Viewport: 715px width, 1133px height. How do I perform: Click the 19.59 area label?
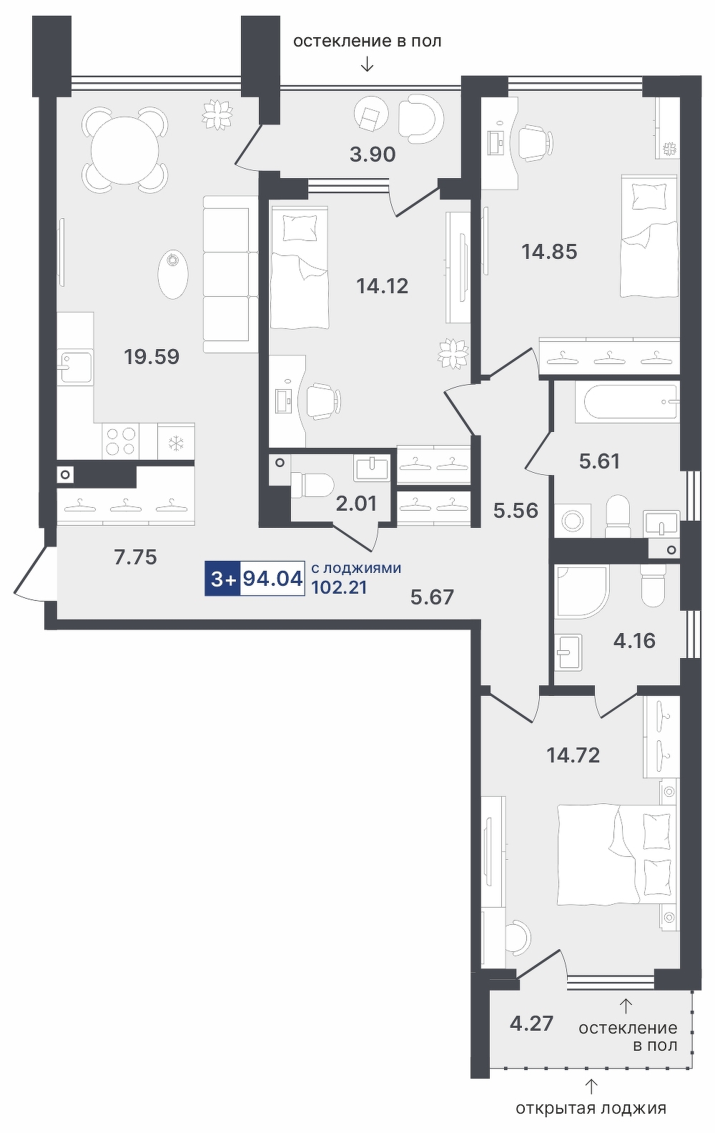pos(152,357)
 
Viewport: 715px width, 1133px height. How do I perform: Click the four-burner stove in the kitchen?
pos(121,441)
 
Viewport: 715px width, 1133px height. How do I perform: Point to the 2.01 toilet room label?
pos(357,504)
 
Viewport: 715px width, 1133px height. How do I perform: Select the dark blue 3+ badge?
pos(222,579)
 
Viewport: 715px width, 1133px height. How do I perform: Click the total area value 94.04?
pos(272,579)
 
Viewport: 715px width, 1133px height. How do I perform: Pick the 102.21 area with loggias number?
pos(339,588)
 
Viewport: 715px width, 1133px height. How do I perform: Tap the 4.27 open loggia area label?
pos(531,1024)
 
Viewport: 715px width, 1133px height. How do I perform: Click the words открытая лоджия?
pos(591,1109)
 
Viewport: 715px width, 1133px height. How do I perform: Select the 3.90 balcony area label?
pos(373,154)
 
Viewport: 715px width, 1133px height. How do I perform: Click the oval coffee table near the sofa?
pos(173,275)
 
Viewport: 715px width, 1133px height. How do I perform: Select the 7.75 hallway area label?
pos(136,557)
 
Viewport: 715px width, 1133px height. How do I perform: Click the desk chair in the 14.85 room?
pos(534,143)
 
